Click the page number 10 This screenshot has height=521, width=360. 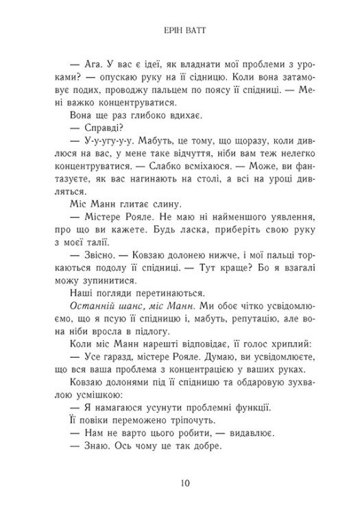click(x=180, y=481)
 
